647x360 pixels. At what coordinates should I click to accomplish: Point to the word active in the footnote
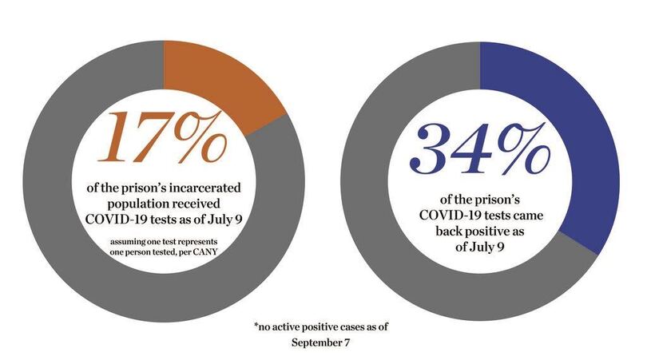click(291, 326)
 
